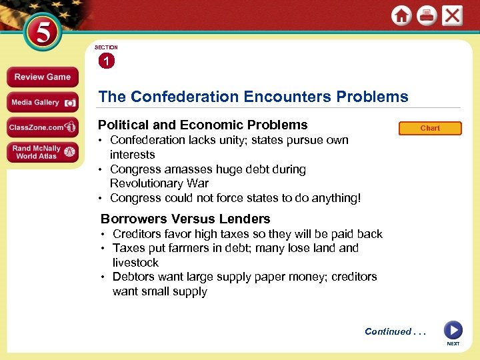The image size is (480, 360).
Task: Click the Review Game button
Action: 42,77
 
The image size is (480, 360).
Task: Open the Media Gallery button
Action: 42,102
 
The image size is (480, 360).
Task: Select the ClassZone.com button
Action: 42,127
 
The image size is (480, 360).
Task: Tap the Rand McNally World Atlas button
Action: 42,152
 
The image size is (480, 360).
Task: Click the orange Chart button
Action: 430,128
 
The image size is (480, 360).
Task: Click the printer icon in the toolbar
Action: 427,16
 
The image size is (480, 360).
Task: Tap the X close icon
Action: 452,16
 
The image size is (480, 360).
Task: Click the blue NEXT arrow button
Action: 453,330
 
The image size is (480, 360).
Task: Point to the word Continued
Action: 388,331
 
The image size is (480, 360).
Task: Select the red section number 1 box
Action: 106,61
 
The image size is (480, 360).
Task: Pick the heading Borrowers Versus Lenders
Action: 185,219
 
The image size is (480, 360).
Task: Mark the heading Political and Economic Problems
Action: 203,125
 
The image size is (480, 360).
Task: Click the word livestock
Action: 135,263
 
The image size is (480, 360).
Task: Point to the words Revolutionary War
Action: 159,183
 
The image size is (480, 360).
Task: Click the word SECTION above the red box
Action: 106,47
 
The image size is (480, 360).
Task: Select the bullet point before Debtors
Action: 103,277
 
